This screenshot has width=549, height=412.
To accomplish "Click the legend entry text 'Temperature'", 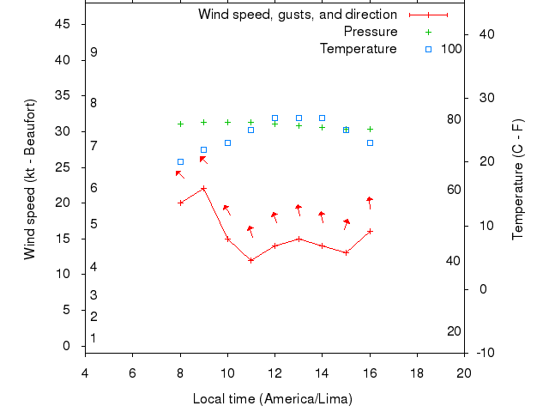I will (x=358, y=49).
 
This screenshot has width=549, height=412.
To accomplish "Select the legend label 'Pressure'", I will (x=370, y=32).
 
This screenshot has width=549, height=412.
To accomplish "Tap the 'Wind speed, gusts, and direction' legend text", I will (x=297, y=15).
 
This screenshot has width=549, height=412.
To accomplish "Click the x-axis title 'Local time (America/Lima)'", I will (x=273, y=399).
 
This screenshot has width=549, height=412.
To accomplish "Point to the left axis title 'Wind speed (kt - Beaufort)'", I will (x=29, y=179).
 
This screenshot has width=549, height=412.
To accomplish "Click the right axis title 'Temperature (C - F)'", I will (x=518, y=179).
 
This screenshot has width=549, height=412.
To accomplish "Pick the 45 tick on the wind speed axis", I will (x=62, y=24).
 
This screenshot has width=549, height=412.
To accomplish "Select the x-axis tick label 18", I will (x=417, y=373).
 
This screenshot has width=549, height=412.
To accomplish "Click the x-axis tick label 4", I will (x=85, y=373).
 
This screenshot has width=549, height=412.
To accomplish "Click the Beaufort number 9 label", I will (x=94, y=52).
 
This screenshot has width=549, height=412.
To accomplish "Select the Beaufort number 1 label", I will (x=94, y=338).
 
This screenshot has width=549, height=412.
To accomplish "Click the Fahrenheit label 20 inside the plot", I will (x=455, y=331).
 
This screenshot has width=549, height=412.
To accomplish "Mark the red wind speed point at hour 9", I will (x=203, y=189).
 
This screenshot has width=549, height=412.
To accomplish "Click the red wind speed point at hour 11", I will (x=250, y=260).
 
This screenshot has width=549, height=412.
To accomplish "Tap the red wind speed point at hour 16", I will (x=370, y=231).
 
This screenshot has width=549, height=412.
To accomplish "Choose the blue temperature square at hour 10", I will (x=227, y=142).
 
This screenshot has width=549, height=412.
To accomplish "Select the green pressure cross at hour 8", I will (x=180, y=124).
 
